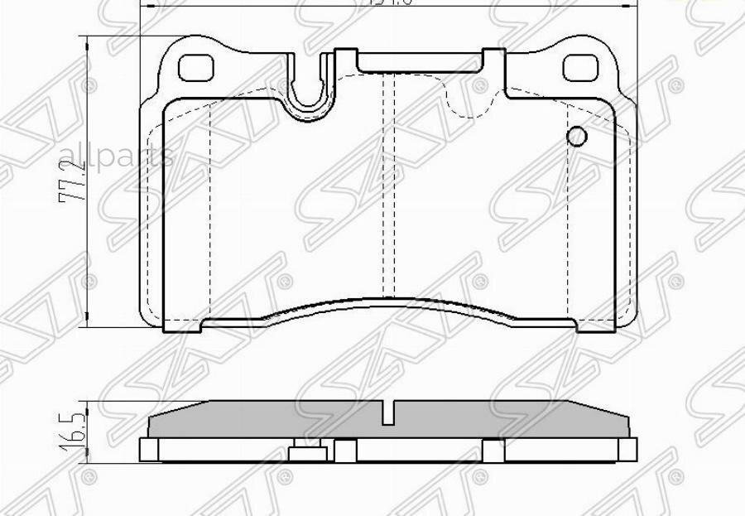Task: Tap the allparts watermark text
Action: click(115, 155)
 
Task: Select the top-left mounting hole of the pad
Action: click(196, 66)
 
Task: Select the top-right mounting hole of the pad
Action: click(579, 67)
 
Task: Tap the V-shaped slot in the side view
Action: click(389, 412)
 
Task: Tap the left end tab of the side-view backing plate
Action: click(148, 449)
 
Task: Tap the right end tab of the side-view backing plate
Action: click(628, 448)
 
